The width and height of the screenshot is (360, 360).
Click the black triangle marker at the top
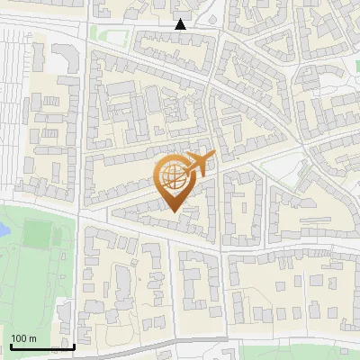click(x=181, y=24)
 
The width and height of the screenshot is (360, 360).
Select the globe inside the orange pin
click(x=173, y=177)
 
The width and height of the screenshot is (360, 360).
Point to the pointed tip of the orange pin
click(x=173, y=211)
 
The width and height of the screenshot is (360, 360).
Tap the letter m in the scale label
click(x=33, y=337)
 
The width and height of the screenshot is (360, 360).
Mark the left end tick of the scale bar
click(x=10, y=346)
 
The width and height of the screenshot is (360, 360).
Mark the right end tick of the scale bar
click(x=74, y=346)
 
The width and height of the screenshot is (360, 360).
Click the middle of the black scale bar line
click(x=41, y=346)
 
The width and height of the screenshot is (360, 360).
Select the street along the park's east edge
click(x=81, y=279)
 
